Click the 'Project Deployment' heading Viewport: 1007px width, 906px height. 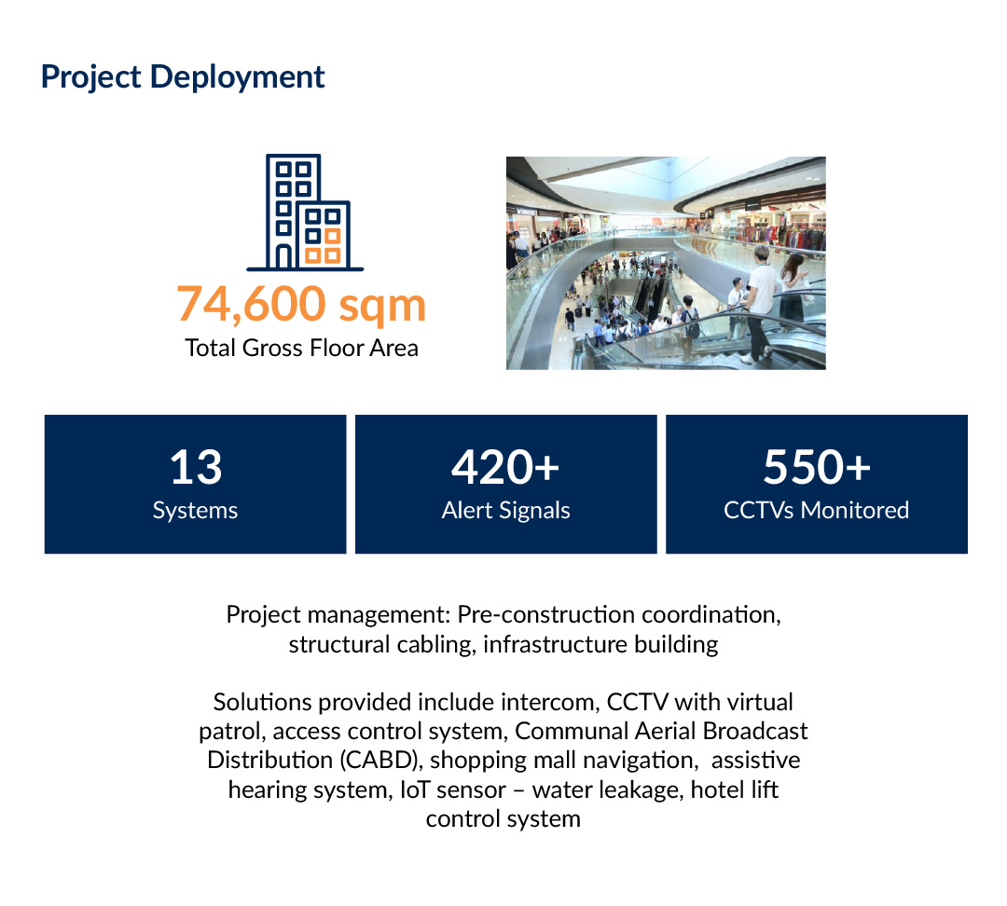pyautogui.click(x=183, y=77)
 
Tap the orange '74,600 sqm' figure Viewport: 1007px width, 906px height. pyautogui.click(x=301, y=305)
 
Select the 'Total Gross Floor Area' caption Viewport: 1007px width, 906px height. pyautogui.click(x=301, y=348)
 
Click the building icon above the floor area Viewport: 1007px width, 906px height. pyautogui.click(x=305, y=213)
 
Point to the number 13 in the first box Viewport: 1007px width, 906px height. pyautogui.click(x=196, y=467)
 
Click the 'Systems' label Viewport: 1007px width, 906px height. pyautogui.click(x=195, y=511)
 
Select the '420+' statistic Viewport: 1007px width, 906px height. pyautogui.click(x=505, y=467)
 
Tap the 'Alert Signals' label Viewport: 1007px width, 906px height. pyautogui.click(x=506, y=511)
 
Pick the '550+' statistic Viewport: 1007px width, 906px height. pyautogui.click(x=816, y=467)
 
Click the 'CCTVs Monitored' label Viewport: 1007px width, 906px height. pyautogui.click(x=816, y=511)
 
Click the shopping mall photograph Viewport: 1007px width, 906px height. pyautogui.click(x=666, y=263)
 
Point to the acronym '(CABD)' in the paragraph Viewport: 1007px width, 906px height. pyautogui.click(x=380, y=761)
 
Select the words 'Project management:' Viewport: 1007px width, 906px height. pyautogui.click(x=338, y=615)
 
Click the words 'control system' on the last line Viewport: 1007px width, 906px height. pyautogui.click(x=503, y=819)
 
